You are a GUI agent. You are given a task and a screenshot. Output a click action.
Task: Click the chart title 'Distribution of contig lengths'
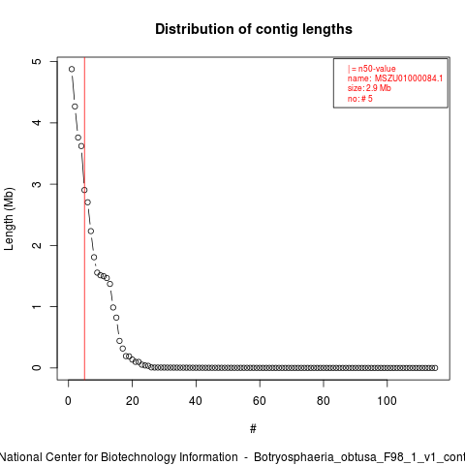pyautogui.click(x=254, y=29)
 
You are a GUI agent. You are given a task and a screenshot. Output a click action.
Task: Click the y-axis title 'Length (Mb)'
pyautogui.click(x=9, y=219)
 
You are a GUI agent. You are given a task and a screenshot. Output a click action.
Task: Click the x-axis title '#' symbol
pyautogui.click(x=253, y=429)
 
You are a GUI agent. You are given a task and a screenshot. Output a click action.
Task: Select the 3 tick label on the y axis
pyautogui.click(x=37, y=184)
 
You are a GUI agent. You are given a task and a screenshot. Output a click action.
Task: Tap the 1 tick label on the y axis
pyautogui.click(x=37, y=306)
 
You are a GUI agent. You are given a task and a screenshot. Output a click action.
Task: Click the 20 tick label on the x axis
pyautogui.click(x=132, y=401)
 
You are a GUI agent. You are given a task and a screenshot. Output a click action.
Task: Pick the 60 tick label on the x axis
pyautogui.click(x=260, y=401)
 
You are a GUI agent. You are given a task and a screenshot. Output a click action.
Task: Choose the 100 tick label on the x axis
pyautogui.click(x=387, y=401)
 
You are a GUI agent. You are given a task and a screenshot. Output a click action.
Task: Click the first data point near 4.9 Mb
pyautogui.click(x=72, y=69)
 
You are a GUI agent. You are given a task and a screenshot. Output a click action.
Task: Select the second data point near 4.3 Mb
pyautogui.click(x=75, y=107)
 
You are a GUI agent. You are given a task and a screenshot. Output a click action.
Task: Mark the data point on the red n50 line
pyautogui.click(x=84, y=190)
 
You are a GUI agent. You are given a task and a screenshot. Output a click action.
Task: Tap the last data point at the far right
pyautogui.click(x=435, y=368)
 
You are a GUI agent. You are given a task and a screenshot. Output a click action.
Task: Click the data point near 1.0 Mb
pyautogui.click(x=113, y=307)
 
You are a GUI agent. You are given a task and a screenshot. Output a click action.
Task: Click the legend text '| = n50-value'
pyautogui.click(x=371, y=69)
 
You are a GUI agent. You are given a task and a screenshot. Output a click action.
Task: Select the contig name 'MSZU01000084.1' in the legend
pyautogui.click(x=409, y=78)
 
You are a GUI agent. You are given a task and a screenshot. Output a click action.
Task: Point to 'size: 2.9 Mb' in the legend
pyautogui.click(x=369, y=88)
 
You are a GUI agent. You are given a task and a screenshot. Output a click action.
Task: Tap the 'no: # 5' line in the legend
pyautogui.click(x=359, y=99)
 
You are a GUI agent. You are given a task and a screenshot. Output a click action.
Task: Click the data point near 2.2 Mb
pyautogui.click(x=91, y=232)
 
